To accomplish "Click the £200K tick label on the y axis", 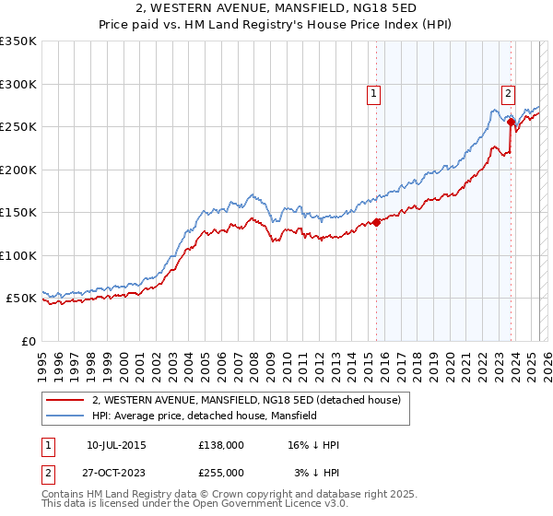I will tap(18, 170).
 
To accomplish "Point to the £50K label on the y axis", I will tap(20, 299).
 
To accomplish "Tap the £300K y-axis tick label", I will tap(18, 84).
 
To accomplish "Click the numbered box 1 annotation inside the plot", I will tap(373, 92).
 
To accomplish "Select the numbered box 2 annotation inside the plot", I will tap(508, 92).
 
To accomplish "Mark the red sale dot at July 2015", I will tap(376, 222).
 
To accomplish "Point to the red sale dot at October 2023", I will tap(511, 122).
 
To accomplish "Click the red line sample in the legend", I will tap(65, 401).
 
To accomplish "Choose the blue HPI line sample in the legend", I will tap(65, 416).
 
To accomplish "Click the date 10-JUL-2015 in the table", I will tap(116, 445).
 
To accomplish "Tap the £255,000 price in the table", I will tap(221, 472).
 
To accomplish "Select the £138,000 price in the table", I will tap(221, 445).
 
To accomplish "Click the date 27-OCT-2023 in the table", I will tap(116, 472).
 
